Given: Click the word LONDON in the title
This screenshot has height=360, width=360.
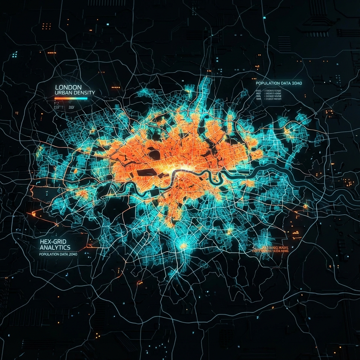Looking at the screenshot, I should tap(69, 87).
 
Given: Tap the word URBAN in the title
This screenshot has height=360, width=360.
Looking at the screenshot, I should tap(64, 93).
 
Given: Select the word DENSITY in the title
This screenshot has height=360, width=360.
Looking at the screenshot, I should tap(84, 93).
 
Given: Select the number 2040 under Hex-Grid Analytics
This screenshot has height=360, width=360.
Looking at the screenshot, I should tap(73, 254).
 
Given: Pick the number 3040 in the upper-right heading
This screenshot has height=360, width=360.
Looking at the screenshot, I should tap(296, 83).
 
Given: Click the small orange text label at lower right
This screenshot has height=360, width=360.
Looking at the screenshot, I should tap(271, 249).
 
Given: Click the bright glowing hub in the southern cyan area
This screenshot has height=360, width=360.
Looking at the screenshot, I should tap(183, 246).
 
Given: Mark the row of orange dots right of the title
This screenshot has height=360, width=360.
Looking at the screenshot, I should tap(115, 86).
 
